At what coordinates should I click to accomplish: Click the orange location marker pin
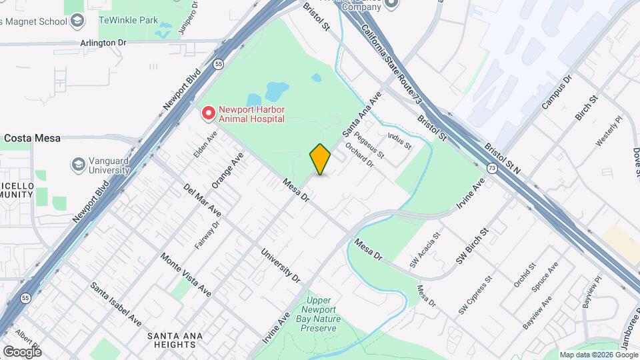tap(320, 159)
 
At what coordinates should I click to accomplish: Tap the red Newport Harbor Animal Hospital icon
tap(209, 113)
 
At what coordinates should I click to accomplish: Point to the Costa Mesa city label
tap(33, 139)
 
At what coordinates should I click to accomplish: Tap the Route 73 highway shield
tap(491, 169)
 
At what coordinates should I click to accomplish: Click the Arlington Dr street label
tap(103, 42)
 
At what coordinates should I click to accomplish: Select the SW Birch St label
tap(473, 243)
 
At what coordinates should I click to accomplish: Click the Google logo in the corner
tap(22, 351)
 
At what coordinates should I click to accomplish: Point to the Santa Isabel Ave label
tap(117, 303)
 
